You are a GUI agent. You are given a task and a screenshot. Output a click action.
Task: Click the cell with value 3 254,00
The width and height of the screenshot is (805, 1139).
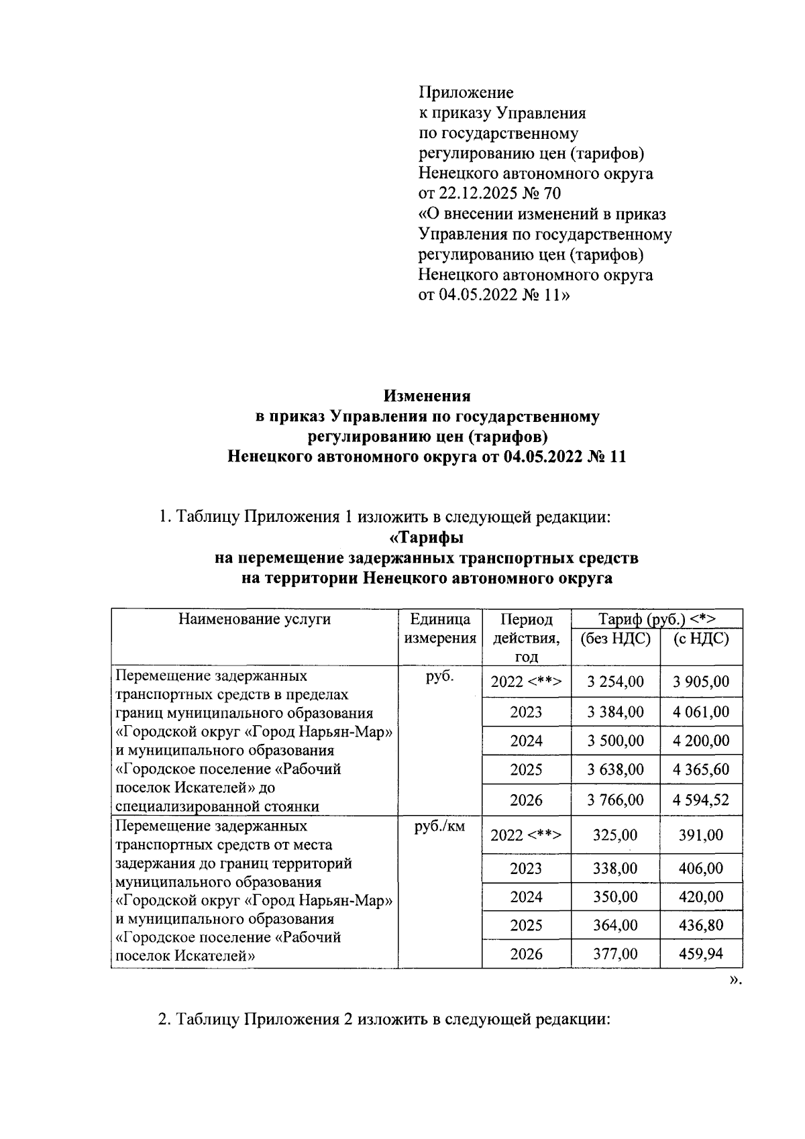point(614,682)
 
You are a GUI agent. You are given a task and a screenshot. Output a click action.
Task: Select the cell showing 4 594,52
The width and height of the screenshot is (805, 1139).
point(700,800)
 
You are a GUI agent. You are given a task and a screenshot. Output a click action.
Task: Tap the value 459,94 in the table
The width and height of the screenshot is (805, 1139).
point(700,954)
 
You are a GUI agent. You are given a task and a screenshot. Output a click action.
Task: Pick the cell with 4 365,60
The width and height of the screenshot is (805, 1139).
point(700,769)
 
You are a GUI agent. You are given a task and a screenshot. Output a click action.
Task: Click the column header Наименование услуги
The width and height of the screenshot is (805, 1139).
point(254,619)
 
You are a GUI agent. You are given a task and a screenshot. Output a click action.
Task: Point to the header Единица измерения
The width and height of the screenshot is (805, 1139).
point(439,629)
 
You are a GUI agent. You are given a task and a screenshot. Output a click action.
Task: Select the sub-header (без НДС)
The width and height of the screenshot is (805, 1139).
point(614,639)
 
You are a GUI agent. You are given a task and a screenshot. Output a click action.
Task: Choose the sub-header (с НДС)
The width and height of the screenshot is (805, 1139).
point(700,639)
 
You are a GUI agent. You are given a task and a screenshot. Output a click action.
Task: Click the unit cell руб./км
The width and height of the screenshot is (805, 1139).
point(439,827)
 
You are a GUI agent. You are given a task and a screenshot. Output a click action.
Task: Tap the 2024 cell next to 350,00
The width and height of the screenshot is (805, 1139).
point(526,897)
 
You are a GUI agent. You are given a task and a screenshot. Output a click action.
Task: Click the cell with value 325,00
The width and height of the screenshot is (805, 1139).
point(614,835)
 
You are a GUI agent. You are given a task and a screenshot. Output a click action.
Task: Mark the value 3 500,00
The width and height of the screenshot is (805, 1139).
point(614,741)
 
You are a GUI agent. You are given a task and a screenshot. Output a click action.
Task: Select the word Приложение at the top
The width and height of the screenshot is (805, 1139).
point(466,92)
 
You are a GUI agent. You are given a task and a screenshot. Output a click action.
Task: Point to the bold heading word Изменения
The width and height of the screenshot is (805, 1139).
point(427,396)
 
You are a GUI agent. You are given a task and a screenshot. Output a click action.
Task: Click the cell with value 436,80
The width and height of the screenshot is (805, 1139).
point(700,926)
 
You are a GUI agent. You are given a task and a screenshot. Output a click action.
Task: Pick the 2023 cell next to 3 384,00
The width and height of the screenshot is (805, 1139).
point(526,712)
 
